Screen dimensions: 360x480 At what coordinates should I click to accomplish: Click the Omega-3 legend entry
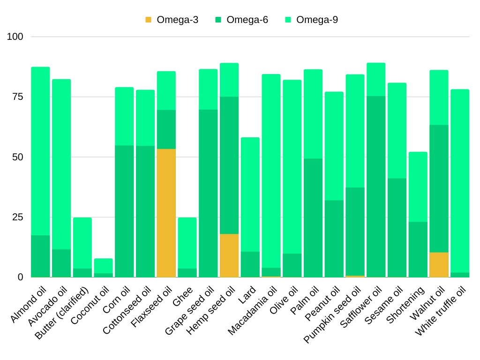point(172,20)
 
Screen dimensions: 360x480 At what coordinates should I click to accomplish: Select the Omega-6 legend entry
point(241,20)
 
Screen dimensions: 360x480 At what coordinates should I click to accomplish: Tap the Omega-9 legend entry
point(311,20)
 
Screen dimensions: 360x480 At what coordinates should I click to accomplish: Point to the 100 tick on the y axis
point(15,37)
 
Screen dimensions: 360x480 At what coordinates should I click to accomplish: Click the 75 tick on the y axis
point(17,97)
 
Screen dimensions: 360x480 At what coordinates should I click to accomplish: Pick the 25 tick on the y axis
point(17,217)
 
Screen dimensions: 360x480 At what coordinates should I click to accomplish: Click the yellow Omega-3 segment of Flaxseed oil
point(166,213)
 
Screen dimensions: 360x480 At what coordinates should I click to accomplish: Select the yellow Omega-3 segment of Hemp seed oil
point(229,255)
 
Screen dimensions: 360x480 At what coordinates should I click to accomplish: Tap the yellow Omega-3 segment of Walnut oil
point(439,265)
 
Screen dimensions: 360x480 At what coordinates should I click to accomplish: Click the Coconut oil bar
point(103,267)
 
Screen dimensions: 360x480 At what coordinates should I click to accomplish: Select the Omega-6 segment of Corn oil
point(124,211)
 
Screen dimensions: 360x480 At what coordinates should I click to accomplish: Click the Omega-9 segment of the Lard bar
point(250,195)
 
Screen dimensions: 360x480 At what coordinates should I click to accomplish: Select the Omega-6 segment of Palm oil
point(313,218)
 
